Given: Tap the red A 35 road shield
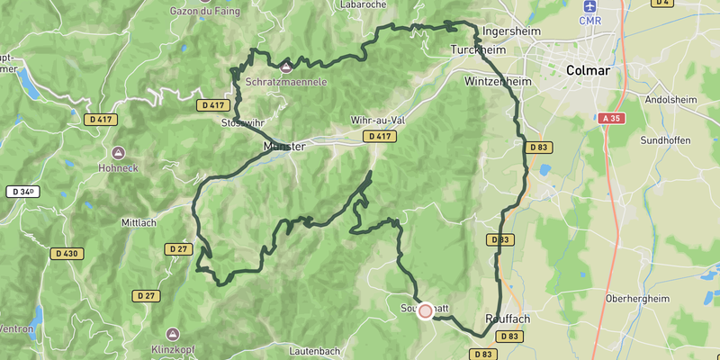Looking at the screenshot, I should [609, 118].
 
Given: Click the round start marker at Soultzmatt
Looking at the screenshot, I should [425, 310].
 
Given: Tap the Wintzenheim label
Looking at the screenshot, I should [499, 81].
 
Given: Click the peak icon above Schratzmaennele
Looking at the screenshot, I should [286, 67].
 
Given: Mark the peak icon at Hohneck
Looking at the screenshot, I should [119, 153].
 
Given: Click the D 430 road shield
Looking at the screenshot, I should [67, 254].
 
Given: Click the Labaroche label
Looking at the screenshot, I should [364, 4].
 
